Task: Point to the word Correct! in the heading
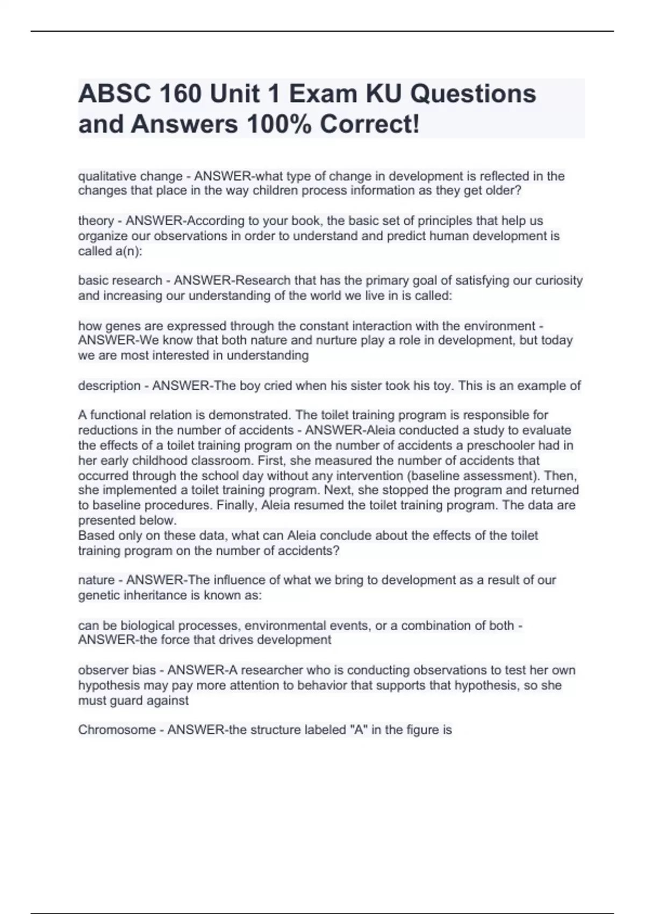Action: tap(370, 125)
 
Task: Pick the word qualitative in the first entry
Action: tap(106, 176)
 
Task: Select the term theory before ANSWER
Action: tap(96, 221)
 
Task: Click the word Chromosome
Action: tap(117, 730)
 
